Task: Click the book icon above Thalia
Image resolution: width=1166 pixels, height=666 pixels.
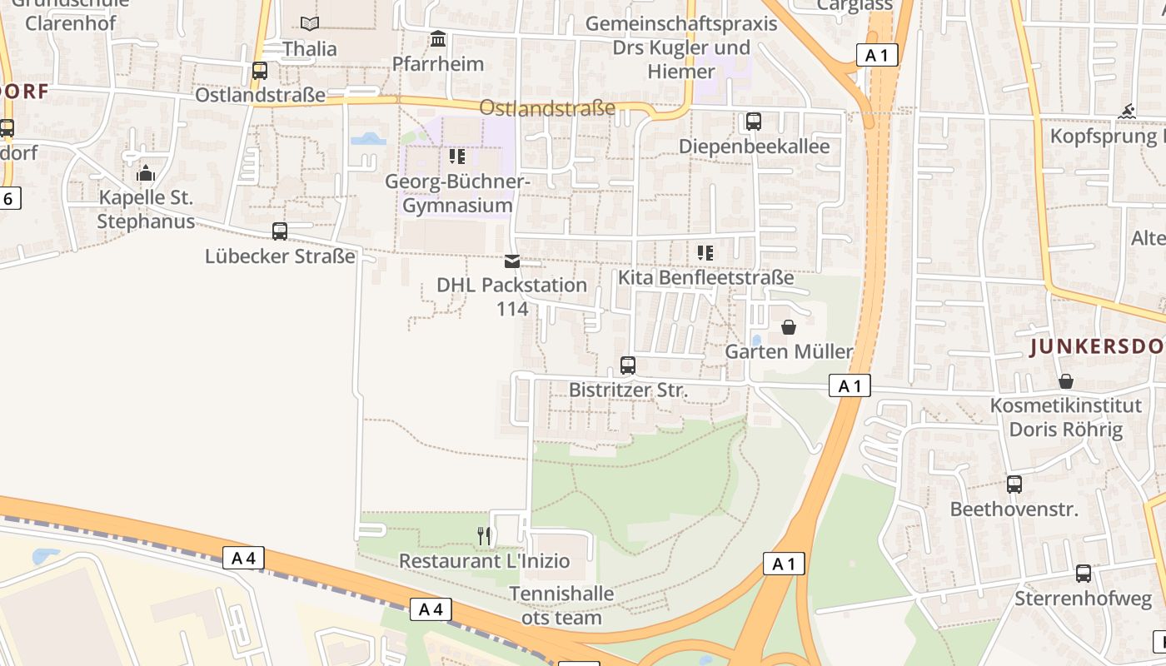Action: (310, 24)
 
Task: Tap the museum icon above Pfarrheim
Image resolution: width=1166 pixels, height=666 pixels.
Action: (438, 39)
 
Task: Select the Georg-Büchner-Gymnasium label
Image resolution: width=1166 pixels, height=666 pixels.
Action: (457, 193)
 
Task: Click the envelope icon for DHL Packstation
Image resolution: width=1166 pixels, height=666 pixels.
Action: (512, 261)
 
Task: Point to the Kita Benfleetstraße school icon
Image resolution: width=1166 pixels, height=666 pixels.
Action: (705, 252)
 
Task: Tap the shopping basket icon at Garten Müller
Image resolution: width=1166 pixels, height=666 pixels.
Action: (789, 327)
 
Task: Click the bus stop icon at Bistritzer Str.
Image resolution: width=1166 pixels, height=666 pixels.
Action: (628, 365)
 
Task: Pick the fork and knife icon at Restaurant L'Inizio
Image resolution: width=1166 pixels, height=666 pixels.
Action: (484, 536)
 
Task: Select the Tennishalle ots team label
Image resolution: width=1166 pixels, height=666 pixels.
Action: (561, 605)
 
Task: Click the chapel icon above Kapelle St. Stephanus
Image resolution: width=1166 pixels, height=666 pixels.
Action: (146, 173)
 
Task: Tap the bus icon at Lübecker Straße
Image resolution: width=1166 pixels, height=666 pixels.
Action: (280, 231)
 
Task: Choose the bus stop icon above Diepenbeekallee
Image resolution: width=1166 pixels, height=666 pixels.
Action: (754, 122)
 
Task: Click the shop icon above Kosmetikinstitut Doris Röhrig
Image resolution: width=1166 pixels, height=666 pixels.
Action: (1065, 381)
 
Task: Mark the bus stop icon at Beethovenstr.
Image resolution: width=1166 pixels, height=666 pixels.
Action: (1014, 485)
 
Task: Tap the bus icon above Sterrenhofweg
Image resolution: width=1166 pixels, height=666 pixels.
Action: (1083, 574)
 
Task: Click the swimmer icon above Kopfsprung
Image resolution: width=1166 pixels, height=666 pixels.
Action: (1127, 112)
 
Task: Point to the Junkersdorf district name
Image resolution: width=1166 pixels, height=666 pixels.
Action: (1096, 347)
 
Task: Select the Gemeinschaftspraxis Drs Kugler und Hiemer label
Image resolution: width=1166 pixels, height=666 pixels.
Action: (681, 47)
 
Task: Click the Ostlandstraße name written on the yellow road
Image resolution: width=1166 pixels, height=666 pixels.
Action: (547, 108)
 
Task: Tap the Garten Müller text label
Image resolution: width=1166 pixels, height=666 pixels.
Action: (789, 351)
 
